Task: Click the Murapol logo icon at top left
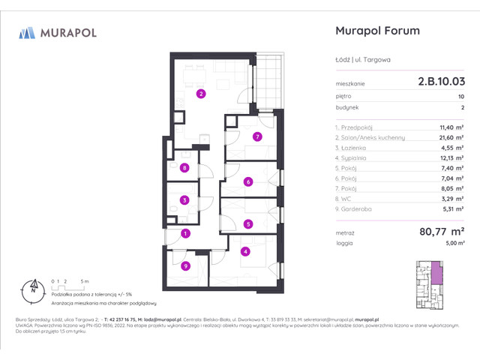[28, 32]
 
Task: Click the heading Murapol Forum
[375, 31]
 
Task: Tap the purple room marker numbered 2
[200, 94]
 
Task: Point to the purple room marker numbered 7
[256, 136]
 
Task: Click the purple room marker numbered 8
[184, 168]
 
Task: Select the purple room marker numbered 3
[184, 200]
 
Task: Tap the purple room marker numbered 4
[245, 251]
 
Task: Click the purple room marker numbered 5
[247, 223]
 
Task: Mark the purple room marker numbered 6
[247, 181]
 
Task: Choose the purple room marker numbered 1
[184, 234]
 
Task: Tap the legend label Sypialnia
[355, 159]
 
